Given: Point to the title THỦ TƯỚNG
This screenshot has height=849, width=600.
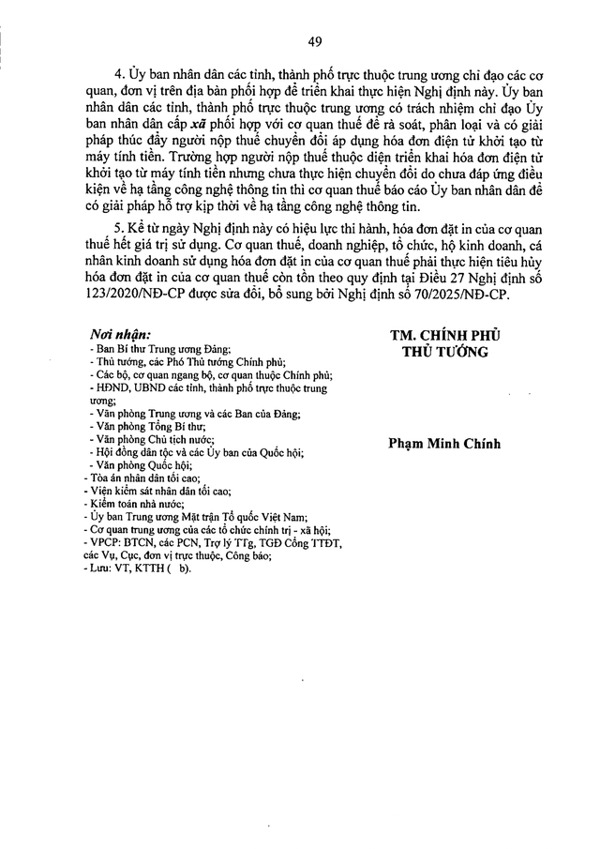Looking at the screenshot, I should click(x=440, y=352).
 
